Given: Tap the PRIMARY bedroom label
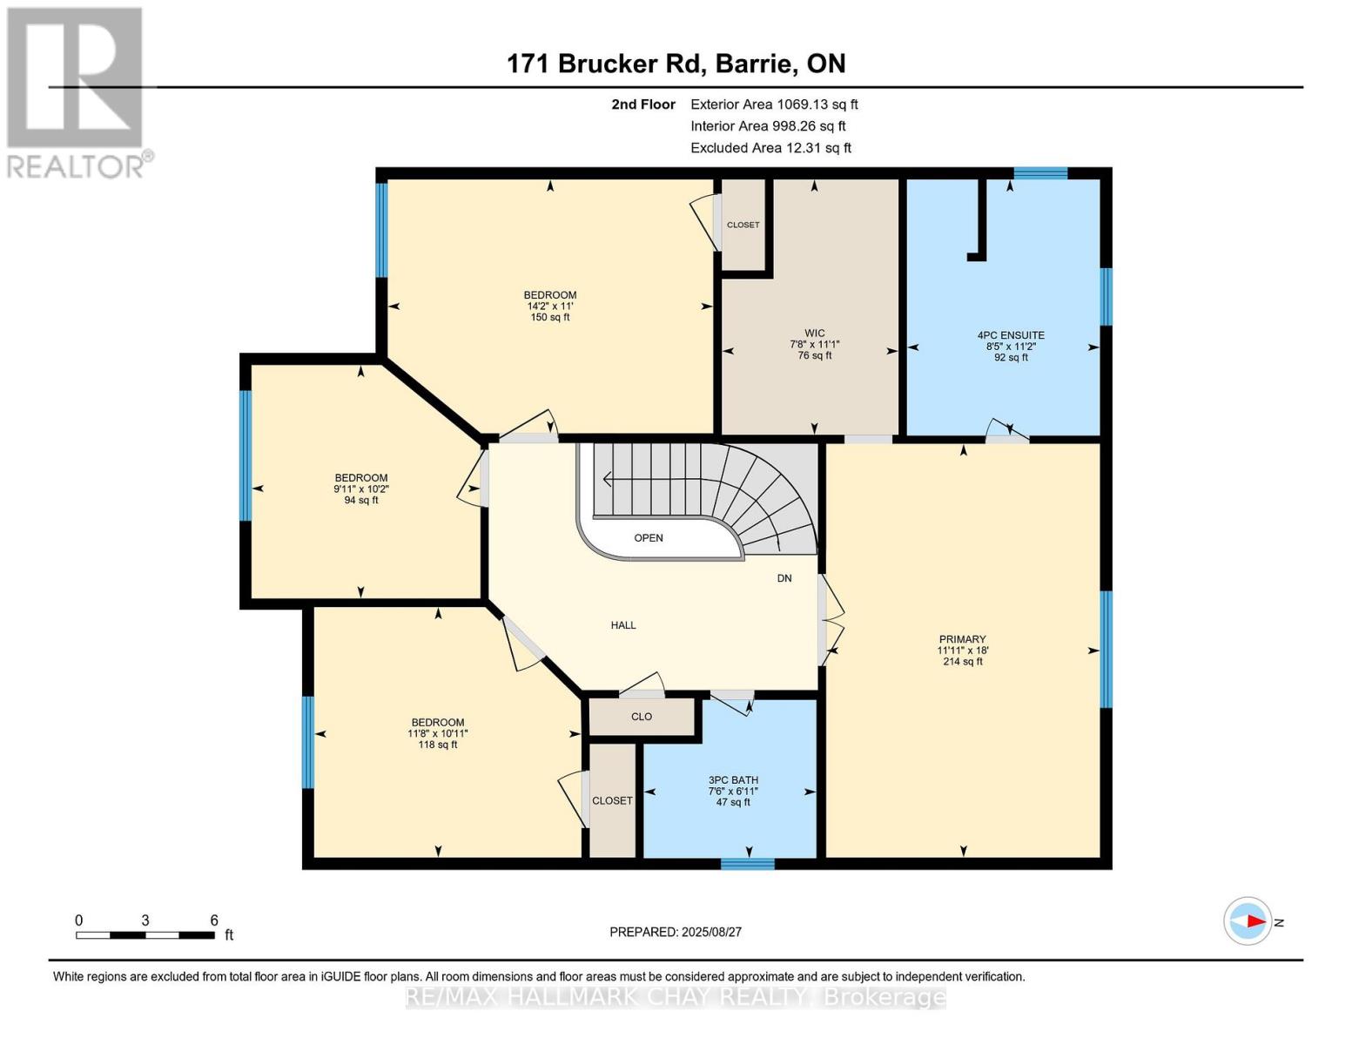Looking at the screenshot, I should [962, 639].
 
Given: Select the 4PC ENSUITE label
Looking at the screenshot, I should [1011, 335].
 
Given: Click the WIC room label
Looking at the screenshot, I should [814, 334].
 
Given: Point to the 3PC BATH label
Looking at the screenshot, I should [733, 780].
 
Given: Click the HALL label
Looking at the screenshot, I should [623, 625].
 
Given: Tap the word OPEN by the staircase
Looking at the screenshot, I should [649, 538].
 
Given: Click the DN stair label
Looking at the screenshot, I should [784, 578].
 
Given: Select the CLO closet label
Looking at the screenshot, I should [642, 717].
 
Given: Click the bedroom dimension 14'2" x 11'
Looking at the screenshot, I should [550, 307].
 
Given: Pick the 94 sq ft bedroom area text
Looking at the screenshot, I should [361, 501].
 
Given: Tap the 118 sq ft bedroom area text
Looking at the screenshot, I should [438, 745].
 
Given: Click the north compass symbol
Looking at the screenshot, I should [1248, 921].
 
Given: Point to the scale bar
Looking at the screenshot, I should [145, 935].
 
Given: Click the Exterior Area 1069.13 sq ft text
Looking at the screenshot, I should [774, 104].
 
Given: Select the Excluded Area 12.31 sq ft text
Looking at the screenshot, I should [770, 148].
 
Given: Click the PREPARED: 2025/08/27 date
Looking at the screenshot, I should [676, 932].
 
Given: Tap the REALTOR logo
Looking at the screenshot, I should [77, 91].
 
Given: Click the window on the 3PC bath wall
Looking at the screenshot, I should [748, 864].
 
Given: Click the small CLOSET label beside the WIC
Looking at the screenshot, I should [743, 225].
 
